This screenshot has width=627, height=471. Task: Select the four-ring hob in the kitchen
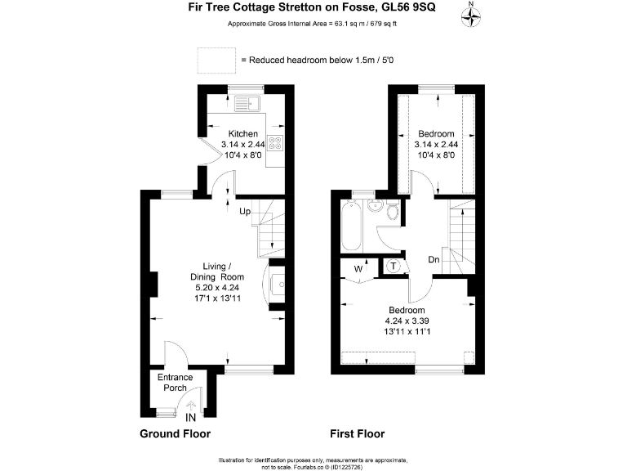click(275, 146)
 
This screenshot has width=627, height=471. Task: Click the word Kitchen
click(242, 134)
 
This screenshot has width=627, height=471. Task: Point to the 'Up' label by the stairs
click(245, 212)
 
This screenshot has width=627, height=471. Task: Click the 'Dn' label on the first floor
click(434, 260)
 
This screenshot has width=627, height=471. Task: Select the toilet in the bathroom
click(393, 213)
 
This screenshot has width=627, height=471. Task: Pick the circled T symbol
click(394, 266)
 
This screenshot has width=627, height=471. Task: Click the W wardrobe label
click(358, 267)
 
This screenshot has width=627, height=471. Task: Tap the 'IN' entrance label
click(191, 417)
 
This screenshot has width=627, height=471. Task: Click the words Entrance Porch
click(176, 382)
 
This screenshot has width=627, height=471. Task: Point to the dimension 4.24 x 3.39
click(406, 322)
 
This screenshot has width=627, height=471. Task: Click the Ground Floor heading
click(175, 434)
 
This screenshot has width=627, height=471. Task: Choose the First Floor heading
click(357, 434)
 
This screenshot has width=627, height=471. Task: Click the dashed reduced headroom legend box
click(214, 60)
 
